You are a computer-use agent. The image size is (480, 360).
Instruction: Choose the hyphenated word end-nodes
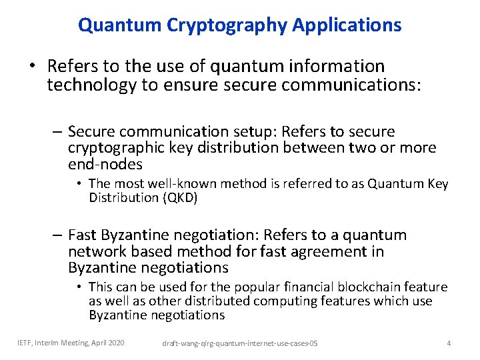tap(105, 163)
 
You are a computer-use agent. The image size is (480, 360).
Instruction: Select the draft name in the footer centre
tap(240, 343)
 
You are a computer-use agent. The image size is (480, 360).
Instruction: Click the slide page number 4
tap(449, 343)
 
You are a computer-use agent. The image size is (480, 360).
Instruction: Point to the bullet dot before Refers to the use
tap(32, 67)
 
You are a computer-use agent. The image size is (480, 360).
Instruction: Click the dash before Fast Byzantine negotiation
tap(59, 235)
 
